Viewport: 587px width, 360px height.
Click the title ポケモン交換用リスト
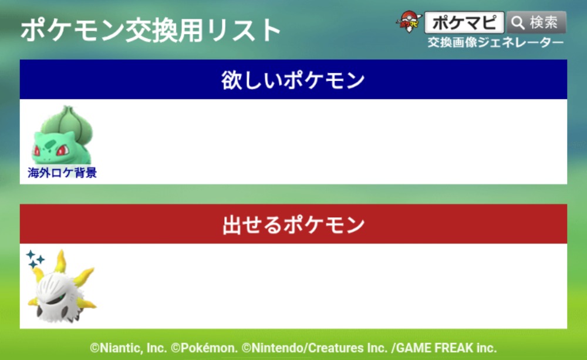(x=150, y=30)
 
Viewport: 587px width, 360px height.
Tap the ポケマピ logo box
(x=464, y=22)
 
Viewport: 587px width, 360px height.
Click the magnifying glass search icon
(x=518, y=22)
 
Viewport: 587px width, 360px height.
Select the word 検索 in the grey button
(x=544, y=22)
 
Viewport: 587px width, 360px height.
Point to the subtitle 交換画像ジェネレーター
(x=495, y=43)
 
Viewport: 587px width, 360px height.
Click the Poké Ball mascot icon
(x=409, y=21)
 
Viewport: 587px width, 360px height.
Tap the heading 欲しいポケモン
(x=293, y=80)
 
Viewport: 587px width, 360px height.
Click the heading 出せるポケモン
(x=293, y=224)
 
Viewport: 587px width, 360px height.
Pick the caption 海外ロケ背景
(x=62, y=173)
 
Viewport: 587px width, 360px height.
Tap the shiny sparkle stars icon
(x=35, y=259)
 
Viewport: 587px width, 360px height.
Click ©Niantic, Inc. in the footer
(x=129, y=348)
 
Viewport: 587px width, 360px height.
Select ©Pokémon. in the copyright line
(x=204, y=348)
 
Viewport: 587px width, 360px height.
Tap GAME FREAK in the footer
(x=435, y=348)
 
